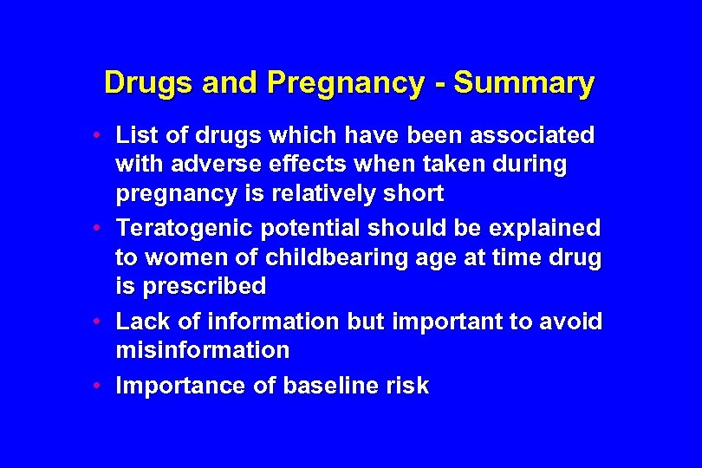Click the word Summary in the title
pyautogui.click(x=523, y=84)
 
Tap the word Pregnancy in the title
pyautogui.click(x=345, y=84)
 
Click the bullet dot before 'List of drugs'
pyautogui.click(x=101, y=136)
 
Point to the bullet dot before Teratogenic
pyautogui.click(x=101, y=229)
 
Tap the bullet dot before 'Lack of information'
pyautogui.click(x=101, y=322)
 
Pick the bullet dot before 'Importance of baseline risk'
pyautogui.click(x=101, y=386)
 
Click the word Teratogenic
pyautogui.click(x=181, y=228)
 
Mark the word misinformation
pyautogui.click(x=203, y=351)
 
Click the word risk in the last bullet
pyautogui.click(x=409, y=386)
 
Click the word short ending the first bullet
pyautogui.click(x=413, y=192)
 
